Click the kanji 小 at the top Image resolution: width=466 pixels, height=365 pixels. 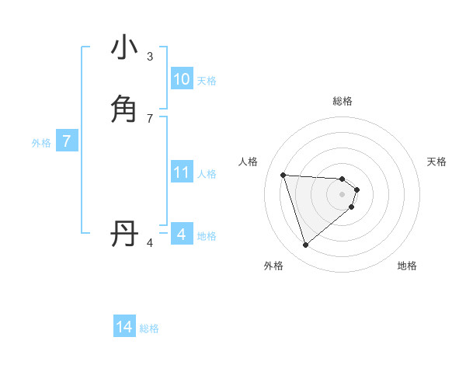[x=124, y=48]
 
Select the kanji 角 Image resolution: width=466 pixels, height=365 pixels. [x=124, y=109]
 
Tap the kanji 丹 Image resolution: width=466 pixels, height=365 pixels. [x=124, y=233]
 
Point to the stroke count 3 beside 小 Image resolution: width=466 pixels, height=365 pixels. [x=150, y=57]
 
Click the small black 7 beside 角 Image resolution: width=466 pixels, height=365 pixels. [x=150, y=118]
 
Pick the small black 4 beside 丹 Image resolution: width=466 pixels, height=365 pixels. [x=150, y=243]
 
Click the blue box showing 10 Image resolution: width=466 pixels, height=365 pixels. [x=181, y=79]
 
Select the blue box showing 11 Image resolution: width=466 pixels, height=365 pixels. [x=181, y=172]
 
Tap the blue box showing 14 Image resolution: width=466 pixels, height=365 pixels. [x=124, y=328]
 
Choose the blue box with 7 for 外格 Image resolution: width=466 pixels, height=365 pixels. [x=67, y=142]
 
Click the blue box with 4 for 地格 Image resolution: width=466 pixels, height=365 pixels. [x=181, y=235]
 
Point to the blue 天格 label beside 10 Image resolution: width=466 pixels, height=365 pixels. [x=207, y=81]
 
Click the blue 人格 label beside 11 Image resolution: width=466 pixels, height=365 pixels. [x=207, y=174]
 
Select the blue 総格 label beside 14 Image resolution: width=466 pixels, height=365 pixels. [x=149, y=328]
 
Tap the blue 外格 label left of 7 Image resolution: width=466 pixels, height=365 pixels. [x=41, y=143]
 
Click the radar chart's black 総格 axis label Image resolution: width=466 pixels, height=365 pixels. [x=343, y=101]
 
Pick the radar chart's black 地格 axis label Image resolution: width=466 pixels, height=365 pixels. [x=407, y=266]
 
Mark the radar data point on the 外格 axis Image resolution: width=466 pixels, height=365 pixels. [x=305, y=245]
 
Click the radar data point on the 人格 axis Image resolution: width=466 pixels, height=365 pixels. [x=283, y=175]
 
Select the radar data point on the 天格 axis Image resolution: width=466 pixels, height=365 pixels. [x=356, y=189]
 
